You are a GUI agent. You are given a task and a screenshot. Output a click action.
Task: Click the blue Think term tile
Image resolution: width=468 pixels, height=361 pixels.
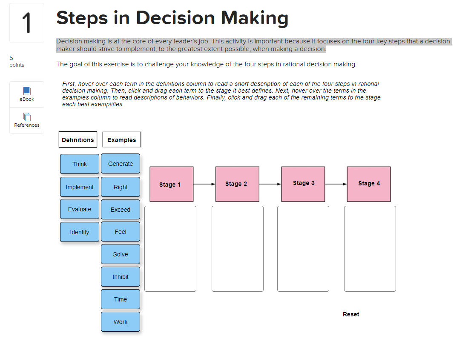[79, 164]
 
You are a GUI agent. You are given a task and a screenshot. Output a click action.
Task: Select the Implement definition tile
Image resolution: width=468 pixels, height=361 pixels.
[79, 187]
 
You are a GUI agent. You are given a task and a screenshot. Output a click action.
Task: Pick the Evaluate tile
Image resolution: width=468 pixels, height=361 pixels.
[79, 209]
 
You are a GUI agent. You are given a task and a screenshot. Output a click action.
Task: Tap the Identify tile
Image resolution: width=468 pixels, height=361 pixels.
[79, 232]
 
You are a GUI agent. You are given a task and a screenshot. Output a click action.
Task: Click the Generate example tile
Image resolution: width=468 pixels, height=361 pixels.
[120, 164]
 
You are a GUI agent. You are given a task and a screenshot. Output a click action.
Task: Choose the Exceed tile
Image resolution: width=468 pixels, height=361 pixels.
[120, 210]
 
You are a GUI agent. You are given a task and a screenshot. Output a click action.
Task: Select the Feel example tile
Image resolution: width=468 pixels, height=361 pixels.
[120, 232]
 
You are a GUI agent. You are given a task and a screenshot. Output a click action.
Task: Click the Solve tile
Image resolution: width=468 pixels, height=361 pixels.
[120, 254]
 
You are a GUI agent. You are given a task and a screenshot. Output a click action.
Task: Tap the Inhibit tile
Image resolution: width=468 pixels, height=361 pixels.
[120, 277]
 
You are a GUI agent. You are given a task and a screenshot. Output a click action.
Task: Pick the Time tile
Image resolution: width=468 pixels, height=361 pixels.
[120, 299]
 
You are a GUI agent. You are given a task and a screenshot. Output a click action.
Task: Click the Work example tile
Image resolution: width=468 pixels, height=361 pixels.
[120, 321]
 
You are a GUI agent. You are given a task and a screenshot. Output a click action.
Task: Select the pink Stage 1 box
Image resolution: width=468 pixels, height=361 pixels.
[172, 184]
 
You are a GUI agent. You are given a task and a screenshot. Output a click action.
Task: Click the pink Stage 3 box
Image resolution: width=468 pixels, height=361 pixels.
[303, 184]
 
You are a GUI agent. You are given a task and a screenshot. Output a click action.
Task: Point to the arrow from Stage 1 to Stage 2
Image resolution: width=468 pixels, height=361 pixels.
[204, 184]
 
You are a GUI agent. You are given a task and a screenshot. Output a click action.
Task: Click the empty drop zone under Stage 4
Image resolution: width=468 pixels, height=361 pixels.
[370, 249]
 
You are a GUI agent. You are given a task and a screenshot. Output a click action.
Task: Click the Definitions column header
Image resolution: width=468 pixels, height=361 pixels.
[78, 139]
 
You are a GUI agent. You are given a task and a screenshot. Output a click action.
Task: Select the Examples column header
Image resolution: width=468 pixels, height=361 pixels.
[122, 139]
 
